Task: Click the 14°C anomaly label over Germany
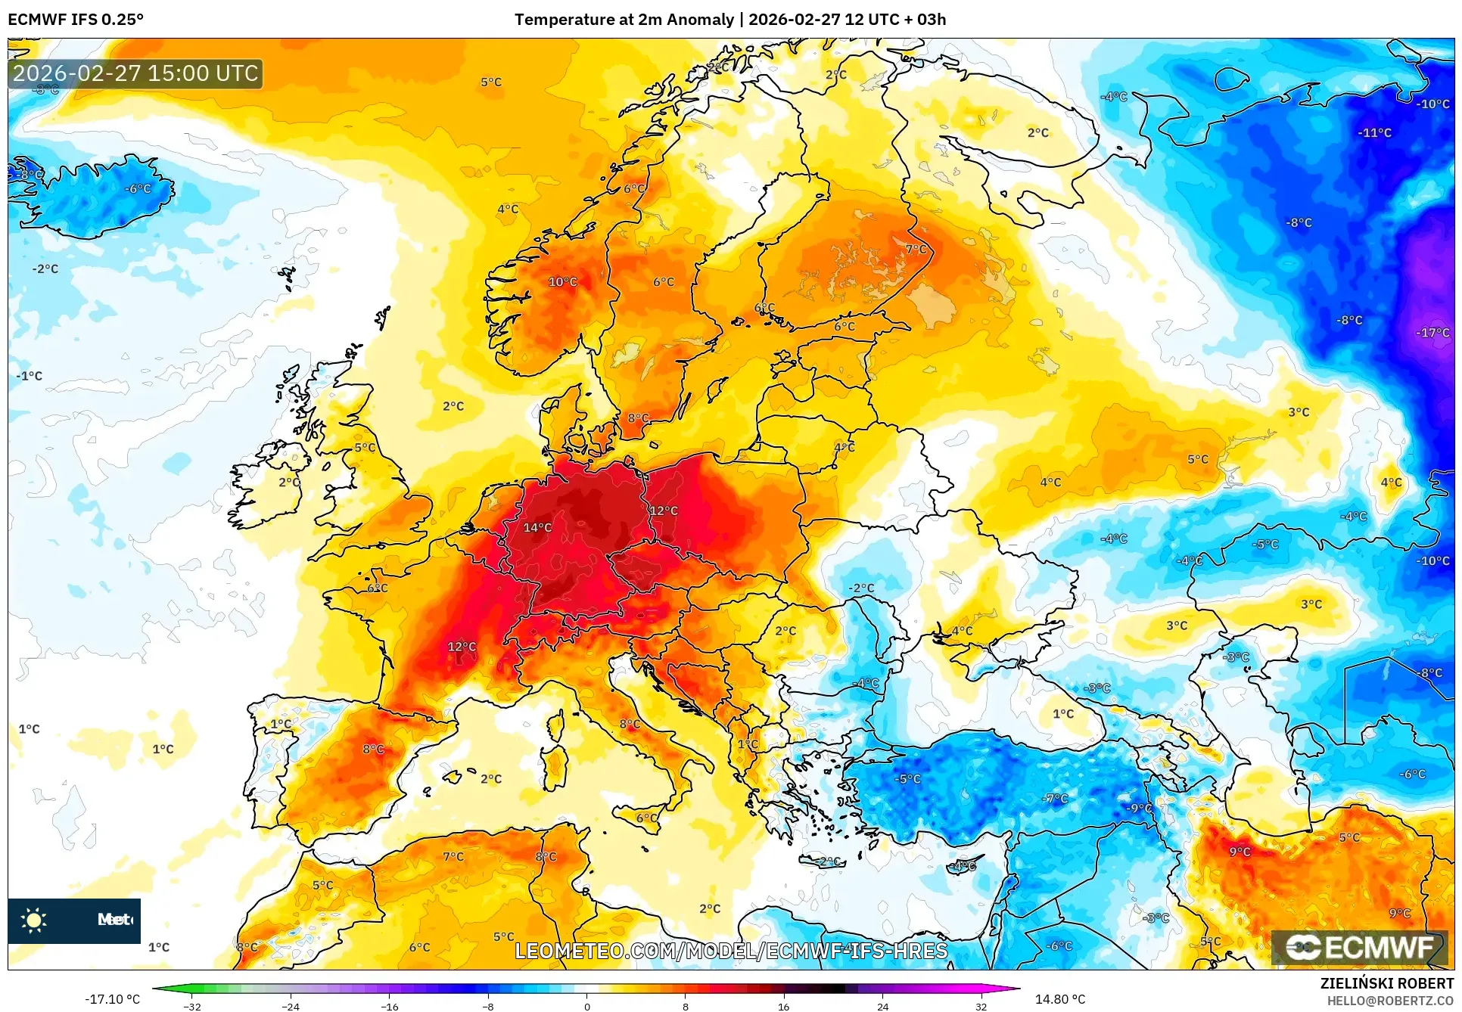(537, 527)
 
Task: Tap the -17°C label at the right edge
(1432, 332)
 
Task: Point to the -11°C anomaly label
(1374, 132)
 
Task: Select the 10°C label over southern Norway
(562, 281)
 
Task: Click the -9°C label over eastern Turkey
(1139, 808)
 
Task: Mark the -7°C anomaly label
(1055, 798)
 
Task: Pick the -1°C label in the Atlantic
(30, 376)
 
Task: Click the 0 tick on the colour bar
(586, 1006)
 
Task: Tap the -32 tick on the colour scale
(192, 1006)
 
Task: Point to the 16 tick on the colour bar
(783, 1006)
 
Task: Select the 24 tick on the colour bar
(882, 1006)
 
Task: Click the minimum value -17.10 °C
(112, 999)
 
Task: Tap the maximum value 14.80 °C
(1059, 999)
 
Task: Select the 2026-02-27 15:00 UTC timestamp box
(135, 73)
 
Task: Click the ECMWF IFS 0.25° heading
(76, 20)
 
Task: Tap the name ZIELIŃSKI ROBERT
(1386, 983)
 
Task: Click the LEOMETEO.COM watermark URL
(731, 951)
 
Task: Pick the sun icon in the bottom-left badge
(34, 920)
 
